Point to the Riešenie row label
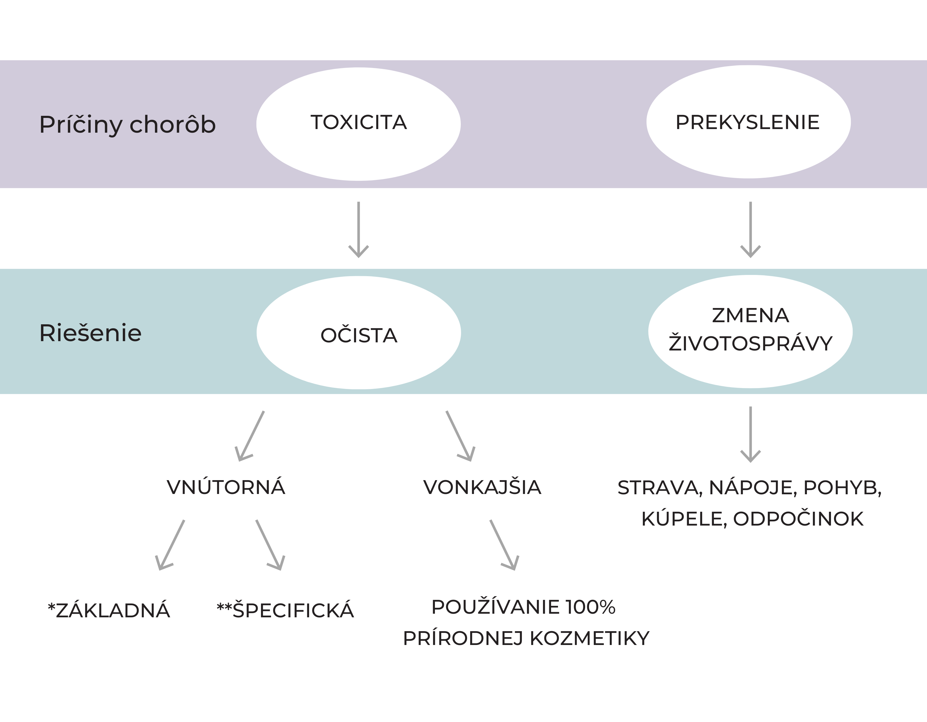(x=90, y=333)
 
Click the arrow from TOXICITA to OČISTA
(x=359, y=230)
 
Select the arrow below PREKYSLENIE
(x=750, y=230)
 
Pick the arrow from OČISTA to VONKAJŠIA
(x=460, y=436)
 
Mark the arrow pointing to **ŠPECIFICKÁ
(x=270, y=545)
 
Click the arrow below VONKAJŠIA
(x=505, y=545)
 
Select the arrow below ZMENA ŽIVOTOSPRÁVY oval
(x=750, y=434)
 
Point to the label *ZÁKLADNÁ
(x=109, y=610)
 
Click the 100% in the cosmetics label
(x=591, y=607)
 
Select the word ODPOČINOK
(x=798, y=519)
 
